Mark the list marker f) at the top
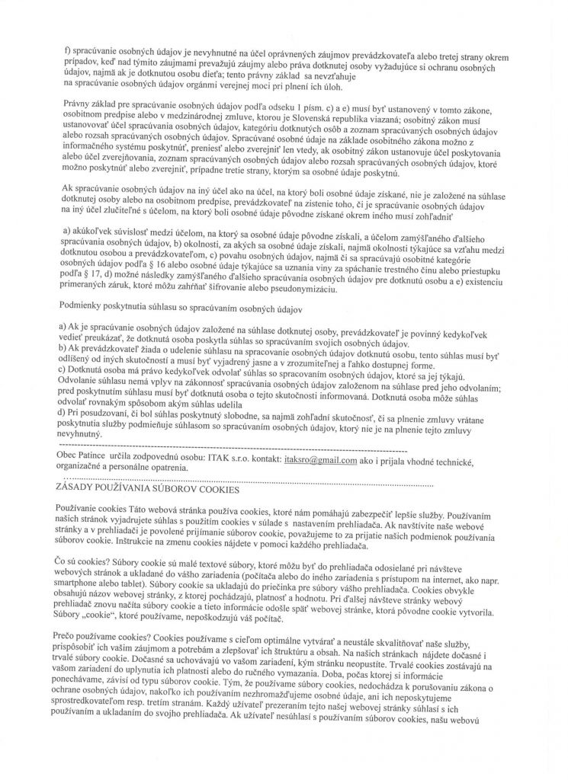pyautogui.click(x=68, y=48)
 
